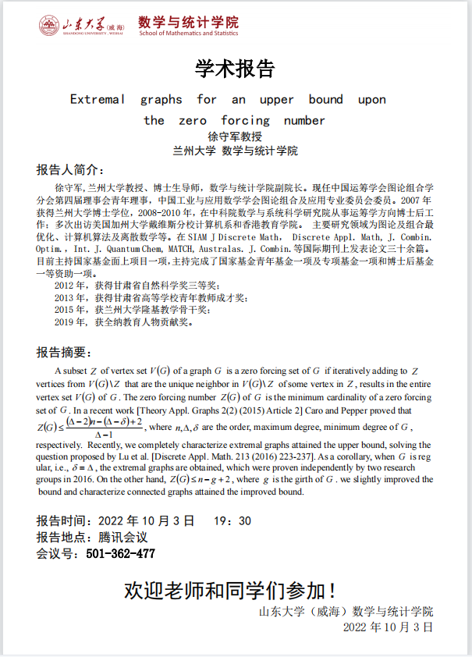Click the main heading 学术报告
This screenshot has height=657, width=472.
235,69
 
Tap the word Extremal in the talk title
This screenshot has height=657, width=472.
98,99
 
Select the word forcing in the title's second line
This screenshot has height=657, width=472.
245,120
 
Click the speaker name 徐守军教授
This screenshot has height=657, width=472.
235,137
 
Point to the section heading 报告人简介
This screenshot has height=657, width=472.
69,170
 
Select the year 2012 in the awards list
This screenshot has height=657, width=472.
66,286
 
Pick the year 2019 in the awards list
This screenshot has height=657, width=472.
66,321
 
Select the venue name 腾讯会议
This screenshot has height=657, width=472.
123,538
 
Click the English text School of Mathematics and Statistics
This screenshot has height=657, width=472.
188,34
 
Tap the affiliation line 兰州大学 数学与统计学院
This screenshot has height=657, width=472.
235,151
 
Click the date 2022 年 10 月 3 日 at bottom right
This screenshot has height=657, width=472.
387,627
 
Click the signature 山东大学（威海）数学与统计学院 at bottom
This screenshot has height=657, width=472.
346,611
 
